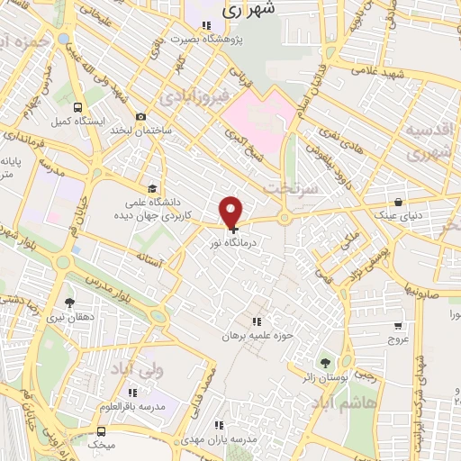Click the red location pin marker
pos(231,212)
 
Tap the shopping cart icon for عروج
pos(397,326)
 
